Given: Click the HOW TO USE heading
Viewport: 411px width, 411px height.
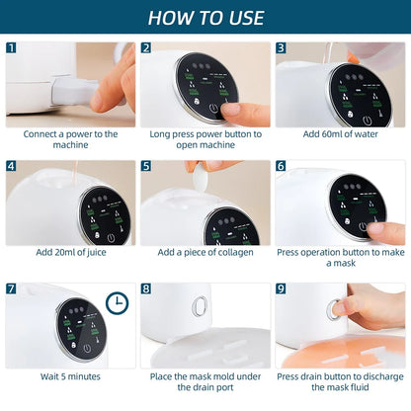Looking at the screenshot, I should click(205, 17).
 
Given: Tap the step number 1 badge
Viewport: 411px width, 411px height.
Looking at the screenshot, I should click(11, 47).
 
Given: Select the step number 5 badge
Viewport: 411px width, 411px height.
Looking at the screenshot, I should click(145, 166).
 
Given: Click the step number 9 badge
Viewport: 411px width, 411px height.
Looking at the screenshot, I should click(281, 288).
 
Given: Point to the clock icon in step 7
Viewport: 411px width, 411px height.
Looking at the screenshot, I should click(117, 303).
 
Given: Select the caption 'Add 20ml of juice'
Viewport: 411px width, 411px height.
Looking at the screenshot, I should click(70, 252).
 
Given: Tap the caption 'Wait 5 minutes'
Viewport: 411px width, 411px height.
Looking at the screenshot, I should click(70, 376).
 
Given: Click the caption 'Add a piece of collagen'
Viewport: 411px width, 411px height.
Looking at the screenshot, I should click(205, 252).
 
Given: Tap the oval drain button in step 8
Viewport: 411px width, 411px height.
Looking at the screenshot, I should click(199, 306).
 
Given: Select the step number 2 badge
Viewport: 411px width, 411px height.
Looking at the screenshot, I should click(145, 47).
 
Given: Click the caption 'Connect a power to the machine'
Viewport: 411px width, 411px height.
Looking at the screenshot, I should click(70, 139).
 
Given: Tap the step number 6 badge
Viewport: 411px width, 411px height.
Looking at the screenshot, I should click(281, 166).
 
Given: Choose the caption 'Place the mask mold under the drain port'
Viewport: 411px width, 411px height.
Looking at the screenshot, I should click(205, 382).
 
